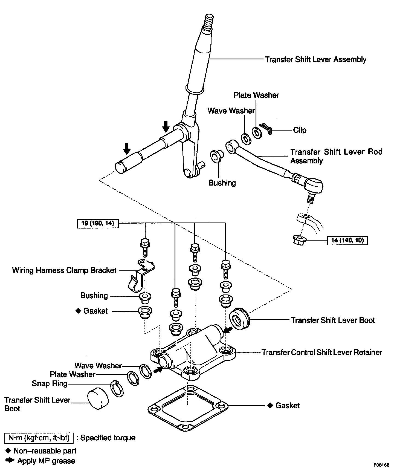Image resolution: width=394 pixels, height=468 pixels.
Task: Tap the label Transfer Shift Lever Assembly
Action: pos(315,59)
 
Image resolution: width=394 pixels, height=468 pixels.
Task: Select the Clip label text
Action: pos(300,130)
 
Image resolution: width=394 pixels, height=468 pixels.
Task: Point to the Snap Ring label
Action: pos(50,383)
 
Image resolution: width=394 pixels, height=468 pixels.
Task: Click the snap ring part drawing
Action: pos(117,388)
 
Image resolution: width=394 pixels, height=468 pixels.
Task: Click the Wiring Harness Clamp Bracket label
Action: pos(64,270)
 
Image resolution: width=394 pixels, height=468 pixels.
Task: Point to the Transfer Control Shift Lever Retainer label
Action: pos(322,352)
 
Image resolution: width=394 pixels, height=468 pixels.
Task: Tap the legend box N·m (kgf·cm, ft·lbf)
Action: pos(39,438)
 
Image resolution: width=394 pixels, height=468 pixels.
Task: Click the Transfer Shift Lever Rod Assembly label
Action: pos(336,156)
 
